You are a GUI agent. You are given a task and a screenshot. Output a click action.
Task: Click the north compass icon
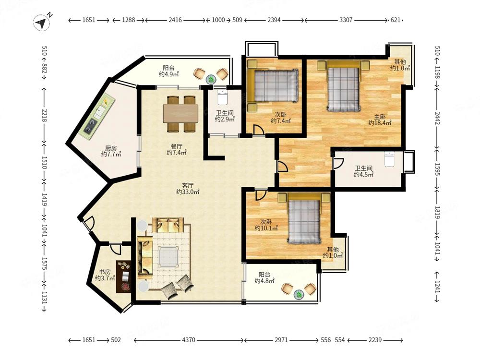pyautogui.click(x=42, y=23)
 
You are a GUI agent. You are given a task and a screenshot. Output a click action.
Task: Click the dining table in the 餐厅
pyautogui.click(x=180, y=113)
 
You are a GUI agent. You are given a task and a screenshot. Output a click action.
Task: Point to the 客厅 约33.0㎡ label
pyautogui.click(x=188, y=189)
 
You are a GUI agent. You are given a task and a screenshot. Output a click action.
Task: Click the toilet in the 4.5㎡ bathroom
pyautogui.click(x=389, y=159)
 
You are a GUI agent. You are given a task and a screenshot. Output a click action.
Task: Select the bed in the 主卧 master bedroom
pyautogui.click(x=344, y=86)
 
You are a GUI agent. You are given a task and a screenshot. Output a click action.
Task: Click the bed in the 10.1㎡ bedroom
pyautogui.click(x=304, y=218)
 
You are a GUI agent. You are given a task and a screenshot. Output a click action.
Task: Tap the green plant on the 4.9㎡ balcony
pyautogui.click(x=211, y=79)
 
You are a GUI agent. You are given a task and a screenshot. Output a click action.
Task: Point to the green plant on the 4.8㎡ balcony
pyautogui.click(x=299, y=295)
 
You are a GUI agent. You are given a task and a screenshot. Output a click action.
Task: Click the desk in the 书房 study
pyautogui.click(x=124, y=276)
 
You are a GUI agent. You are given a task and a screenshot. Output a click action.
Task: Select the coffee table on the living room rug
pyautogui.click(x=168, y=256)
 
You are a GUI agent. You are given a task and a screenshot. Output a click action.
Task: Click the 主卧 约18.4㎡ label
pyautogui.click(x=380, y=120)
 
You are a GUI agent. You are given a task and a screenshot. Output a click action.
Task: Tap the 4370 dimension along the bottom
pyautogui.click(x=188, y=340)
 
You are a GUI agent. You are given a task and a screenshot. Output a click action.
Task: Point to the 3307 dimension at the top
pyautogui.click(x=346, y=20)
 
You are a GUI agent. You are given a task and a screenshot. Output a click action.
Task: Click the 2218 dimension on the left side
pyautogui.click(x=44, y=116)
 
